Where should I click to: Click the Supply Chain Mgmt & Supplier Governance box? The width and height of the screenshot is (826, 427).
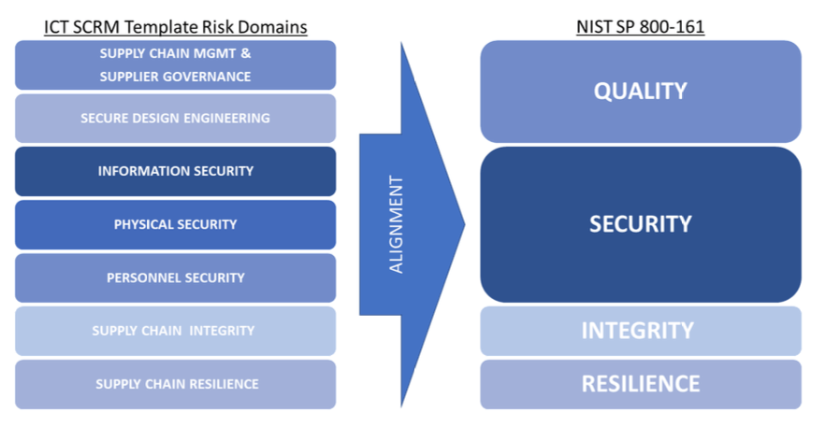(x=175, y=64)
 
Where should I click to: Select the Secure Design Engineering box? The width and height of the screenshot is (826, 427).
(x=175, y=118)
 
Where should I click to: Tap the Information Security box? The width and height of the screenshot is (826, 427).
(x=175, y=171)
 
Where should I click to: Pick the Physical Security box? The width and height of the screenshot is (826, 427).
(x=175, y=224)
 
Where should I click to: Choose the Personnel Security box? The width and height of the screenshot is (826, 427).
(x=175, y=278)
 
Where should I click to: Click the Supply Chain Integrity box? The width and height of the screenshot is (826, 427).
(x=175, y=331)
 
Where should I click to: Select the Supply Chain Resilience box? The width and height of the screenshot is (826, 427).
(x=175, y=384)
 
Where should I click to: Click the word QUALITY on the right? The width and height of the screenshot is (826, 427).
(x=640, y=91)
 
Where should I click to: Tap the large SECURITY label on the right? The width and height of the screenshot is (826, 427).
(x=640, y=224)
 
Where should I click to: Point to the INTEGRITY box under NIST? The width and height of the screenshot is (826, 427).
(x=640, y=331)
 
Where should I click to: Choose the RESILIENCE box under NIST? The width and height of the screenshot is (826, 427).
(x=640, y=384)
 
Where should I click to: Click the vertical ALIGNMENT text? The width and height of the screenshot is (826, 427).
(x=397, y=224)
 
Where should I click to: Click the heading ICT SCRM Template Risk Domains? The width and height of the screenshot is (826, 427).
(x=175, y=27)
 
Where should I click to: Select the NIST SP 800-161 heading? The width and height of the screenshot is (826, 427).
(x=640, y=27)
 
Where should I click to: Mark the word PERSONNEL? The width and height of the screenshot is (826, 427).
(x=143, y=278)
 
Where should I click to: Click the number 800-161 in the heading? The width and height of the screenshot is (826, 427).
(x=673, y=27)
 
